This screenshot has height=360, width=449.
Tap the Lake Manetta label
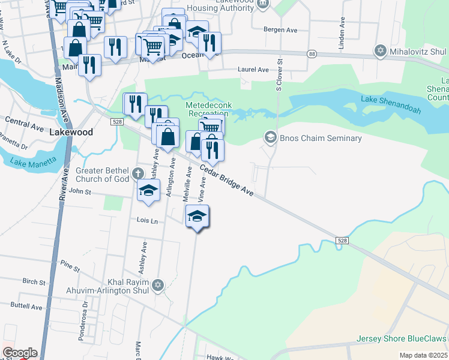[34, 161]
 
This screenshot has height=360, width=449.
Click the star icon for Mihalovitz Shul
[379, 50]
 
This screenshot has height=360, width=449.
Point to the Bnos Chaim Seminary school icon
[270, 138]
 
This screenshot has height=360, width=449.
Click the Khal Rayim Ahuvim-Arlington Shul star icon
[158, 285]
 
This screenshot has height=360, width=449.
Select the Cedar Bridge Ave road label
[227, 179]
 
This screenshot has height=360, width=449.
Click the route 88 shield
[312, 54]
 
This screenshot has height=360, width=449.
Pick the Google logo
[20, 353]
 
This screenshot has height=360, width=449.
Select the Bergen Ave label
[281, 28]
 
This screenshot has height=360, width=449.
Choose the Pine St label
[70, 264]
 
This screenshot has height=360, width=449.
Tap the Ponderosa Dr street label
[83, 321]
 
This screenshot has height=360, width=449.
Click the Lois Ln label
[146, 221]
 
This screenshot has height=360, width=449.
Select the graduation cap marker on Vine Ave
[197, 217]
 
